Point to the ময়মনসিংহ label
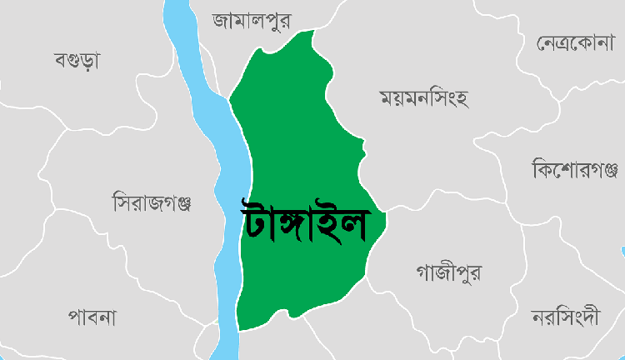424,99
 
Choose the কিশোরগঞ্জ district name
574,170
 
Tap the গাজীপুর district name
447,272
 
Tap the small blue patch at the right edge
622,251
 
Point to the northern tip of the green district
313,32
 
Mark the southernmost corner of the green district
239,330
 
